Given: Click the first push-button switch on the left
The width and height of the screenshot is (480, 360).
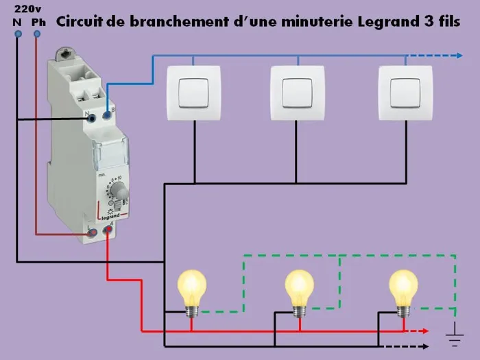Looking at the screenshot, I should [x=194, y=93].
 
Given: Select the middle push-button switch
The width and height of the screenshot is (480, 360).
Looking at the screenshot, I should [x=297, y=93].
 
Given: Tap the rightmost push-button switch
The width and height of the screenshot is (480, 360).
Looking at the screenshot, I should [x=405, y=93].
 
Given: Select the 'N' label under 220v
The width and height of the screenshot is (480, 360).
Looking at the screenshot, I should [x=16, y=22].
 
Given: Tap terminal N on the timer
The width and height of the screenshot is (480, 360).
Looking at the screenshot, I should [x=93, y=118].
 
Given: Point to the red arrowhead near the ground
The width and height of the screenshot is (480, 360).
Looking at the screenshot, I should [x=427, y=331].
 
